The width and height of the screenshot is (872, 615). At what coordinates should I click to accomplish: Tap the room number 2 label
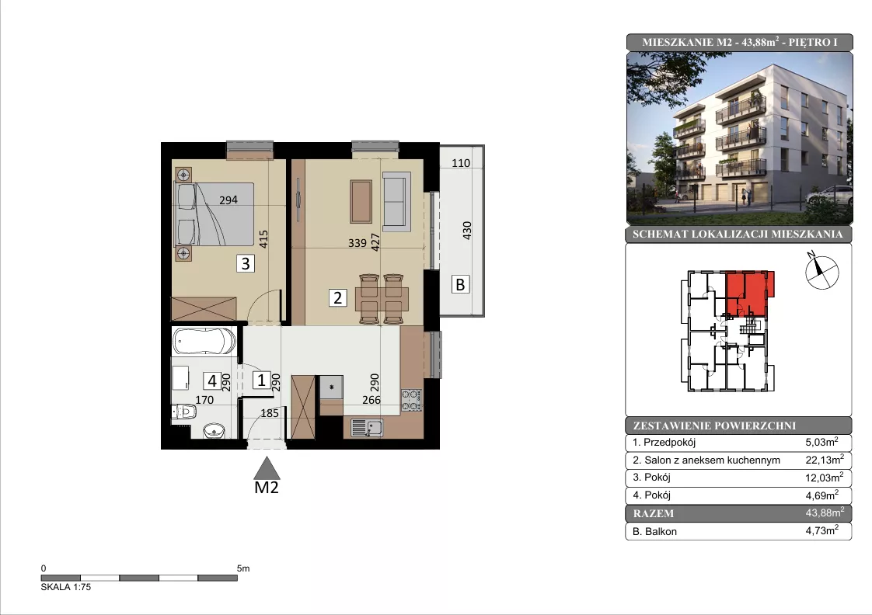[x=337, y=297]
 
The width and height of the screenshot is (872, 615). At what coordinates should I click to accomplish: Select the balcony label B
[x=460, y=284]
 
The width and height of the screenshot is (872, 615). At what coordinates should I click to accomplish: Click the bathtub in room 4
[x=204, y=341]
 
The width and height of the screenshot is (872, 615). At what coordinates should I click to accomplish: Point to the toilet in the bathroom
[x=184, y=412]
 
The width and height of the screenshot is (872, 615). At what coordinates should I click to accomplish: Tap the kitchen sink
[x=367, y=427]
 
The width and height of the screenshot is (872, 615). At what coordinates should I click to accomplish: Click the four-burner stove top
[x=412, y=400]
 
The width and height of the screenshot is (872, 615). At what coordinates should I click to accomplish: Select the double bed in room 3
[x=215, y=214]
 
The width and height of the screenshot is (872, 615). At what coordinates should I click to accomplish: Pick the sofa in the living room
[x=396, y=202]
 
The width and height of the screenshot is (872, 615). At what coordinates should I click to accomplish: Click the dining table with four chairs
[x=382, y=298]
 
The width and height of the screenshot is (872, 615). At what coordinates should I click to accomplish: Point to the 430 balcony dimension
[x=467, y=230]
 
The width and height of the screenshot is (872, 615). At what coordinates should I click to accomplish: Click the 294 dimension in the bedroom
[x=228, y=200]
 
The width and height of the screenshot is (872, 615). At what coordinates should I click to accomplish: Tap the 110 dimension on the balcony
[x=461, y=163]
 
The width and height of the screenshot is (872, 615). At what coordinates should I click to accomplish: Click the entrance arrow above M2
[x=267, y=467]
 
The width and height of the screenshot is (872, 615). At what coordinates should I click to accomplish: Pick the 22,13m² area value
[x=825, y=460]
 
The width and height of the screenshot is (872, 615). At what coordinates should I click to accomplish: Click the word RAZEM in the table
[x=654, y=513]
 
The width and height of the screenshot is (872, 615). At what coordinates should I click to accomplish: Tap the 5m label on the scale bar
[x=243, y=568]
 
